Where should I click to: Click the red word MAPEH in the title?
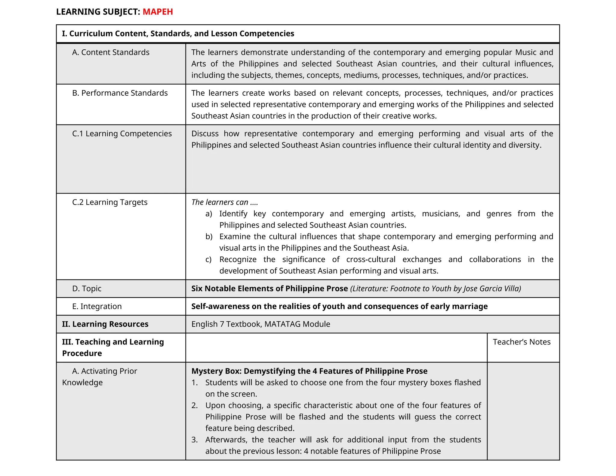pyautogui.click(x=158, y=12)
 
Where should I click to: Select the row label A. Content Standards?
pyautogui.click(x=111, y=52)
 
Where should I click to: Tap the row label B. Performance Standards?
pyautogui.click(x=120, y=93)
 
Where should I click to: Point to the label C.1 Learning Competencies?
pyautogui.click(x=122, y=134)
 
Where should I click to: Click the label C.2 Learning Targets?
pyautogui.click(x=110, y=202)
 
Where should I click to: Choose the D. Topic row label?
pyautogui.click(x=87, y=289)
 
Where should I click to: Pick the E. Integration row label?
pyautogui.click(x=97, y=306)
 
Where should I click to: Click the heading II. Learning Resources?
pyautogui.click(x=105, y=324)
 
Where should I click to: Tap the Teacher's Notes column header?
pyautogui.click(x=522, y=342)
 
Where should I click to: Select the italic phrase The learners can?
pyautogui.click(x=220, y=202)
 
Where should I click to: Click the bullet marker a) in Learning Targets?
pyautogui.click(x=209, y=214)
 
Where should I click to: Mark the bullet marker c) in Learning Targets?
pyautogui.click(x=208, y=259)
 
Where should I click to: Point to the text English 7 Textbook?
pyautogui.click(x=226, y=324)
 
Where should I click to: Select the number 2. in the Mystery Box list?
pyautogui.click(x=195, y=405)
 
